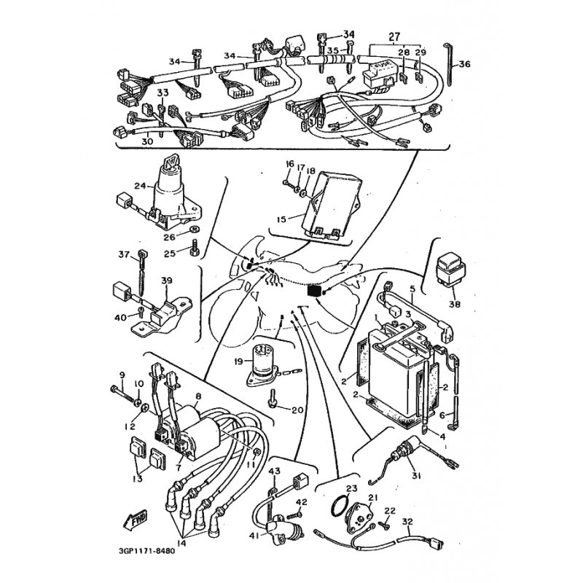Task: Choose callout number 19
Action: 238,361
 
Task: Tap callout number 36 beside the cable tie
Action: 464,64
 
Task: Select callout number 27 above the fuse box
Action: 394,36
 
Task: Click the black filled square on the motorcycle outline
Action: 315,291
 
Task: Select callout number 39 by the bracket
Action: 167,281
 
